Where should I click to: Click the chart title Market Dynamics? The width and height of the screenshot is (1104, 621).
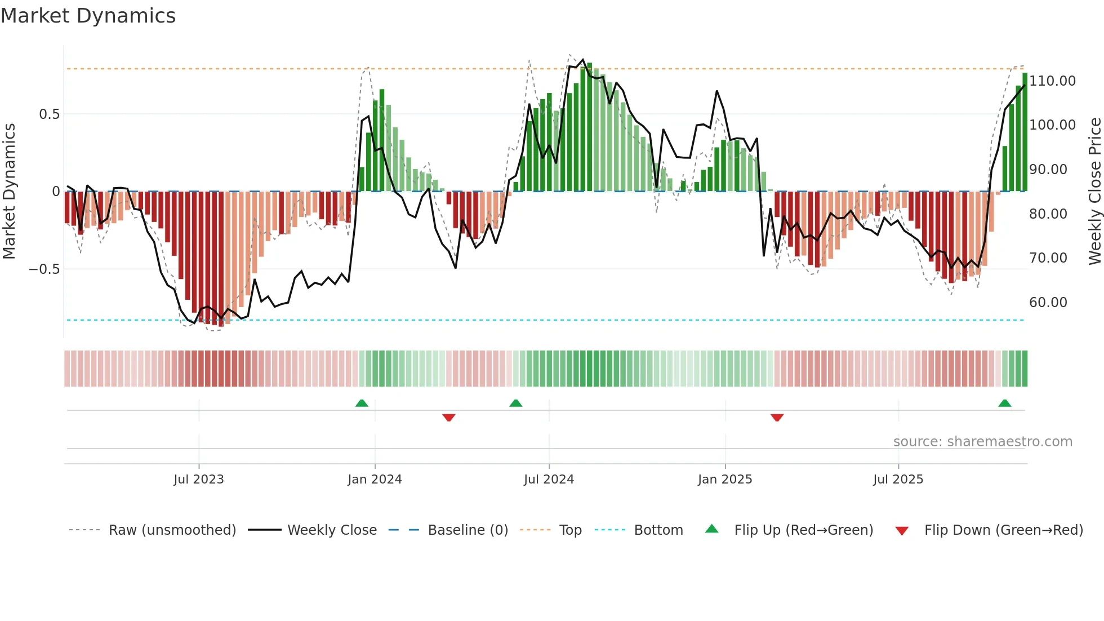coord(88,16)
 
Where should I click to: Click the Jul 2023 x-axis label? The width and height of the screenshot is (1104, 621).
coord(198,480)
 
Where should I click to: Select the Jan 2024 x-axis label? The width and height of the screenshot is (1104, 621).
coord(375,480)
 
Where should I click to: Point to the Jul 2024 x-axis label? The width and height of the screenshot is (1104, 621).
coord(549,480)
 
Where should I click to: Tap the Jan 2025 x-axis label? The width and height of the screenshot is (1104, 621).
coord(725,480)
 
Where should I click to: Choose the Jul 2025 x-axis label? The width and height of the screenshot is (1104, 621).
coord(898,480)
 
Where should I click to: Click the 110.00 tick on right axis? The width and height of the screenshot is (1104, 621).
coord(1052,81)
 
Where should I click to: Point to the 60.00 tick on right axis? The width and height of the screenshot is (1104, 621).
coord(1048,303)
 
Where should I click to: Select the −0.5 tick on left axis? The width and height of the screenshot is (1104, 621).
coord(44,269)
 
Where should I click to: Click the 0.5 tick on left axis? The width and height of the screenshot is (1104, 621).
coord(49,114)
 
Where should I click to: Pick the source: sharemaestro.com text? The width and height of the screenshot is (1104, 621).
coord(982,442)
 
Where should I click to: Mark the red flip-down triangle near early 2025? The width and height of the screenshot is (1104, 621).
coord(777,418)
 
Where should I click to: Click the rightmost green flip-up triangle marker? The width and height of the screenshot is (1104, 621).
coord(1004,403)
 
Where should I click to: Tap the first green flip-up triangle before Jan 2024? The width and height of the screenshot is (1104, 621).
coord(362,403)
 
